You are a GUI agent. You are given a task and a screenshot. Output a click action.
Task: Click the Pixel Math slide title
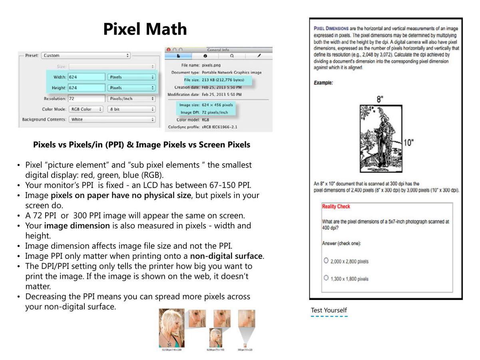145,29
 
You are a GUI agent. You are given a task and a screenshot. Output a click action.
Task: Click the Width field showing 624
86,77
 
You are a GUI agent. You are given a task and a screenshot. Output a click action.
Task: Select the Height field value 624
86,88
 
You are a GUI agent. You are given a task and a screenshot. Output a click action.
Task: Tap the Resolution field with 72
86,98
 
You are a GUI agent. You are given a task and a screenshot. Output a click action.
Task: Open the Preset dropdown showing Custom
86,56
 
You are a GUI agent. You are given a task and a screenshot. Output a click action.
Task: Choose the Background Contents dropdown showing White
112,119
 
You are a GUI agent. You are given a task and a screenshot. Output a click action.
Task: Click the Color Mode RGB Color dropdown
86,109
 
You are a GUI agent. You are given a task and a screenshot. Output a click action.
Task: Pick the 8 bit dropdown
131,109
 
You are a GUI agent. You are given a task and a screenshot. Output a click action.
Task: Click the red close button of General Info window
168,50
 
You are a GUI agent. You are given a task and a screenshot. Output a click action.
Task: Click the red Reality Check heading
336,206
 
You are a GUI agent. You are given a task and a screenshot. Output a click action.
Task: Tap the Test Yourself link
329,310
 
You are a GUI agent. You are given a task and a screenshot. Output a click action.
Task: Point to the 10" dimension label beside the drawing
408,143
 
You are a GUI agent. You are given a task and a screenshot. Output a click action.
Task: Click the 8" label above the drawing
380,99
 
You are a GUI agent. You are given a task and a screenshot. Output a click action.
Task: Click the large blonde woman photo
171,328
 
